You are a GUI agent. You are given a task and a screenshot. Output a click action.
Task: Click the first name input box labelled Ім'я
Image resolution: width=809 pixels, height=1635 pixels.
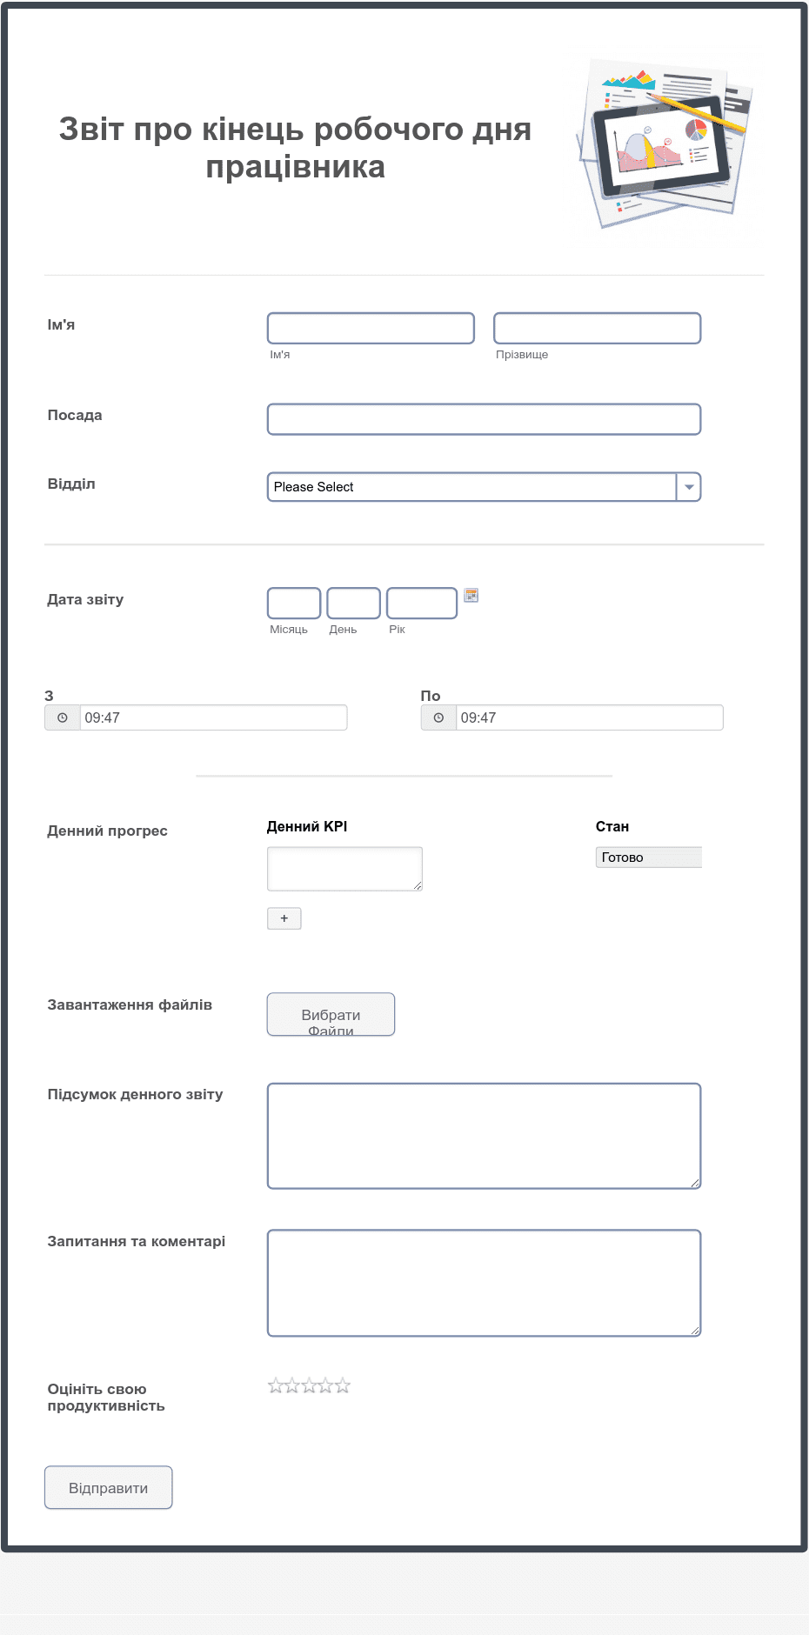coord(371,328)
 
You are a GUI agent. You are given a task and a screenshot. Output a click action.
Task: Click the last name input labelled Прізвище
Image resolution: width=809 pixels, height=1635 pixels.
coord(597,328)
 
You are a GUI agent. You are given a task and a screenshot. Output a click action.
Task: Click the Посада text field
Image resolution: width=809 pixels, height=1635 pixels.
coord(484,419)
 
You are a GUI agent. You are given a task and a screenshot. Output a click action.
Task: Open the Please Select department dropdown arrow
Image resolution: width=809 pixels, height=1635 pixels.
coord(688,487)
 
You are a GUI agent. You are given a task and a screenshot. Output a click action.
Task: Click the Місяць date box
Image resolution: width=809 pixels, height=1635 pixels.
coord(294,603)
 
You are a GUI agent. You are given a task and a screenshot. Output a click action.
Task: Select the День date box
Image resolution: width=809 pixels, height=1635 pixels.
coord(353,603)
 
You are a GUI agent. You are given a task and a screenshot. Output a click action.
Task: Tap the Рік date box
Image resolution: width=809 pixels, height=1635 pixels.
coord(422,603)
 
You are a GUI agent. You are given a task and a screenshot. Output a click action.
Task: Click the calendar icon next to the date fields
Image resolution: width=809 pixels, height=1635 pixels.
coord(471,596)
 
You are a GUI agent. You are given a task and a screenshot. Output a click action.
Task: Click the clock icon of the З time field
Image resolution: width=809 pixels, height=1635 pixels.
coord(63,717)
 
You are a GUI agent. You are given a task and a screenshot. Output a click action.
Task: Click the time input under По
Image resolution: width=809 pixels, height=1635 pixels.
coord(589,717)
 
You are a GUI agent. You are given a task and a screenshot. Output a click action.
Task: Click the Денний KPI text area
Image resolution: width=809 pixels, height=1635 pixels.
coord(344,868)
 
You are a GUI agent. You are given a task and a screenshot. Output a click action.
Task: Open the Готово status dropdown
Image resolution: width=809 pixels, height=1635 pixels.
coord(648,858)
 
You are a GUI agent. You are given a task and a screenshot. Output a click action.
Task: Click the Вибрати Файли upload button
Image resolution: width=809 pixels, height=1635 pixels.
coord(331,1014)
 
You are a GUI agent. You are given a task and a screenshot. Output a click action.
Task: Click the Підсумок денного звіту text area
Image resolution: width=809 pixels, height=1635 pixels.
coord(484,1135)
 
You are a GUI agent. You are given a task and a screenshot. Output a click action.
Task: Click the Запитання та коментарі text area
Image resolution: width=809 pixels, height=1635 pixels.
coord(484,1282)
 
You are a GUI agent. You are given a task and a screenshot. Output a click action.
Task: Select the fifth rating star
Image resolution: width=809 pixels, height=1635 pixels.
coord(343,1385)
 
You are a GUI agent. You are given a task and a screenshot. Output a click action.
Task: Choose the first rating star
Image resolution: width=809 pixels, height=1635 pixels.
coord(276,1385)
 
